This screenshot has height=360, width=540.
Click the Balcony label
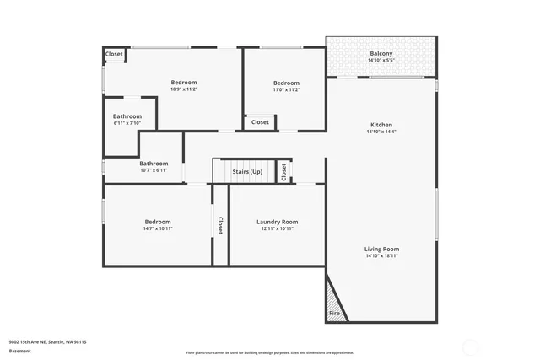coord(381,54)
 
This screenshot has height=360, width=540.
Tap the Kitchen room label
coord(380,125)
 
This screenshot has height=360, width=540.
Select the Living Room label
coord(381,249)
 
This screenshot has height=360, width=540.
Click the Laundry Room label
coord(277,222)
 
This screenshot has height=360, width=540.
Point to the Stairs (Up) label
coord(247,172)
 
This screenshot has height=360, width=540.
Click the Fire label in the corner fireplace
coord(334,314)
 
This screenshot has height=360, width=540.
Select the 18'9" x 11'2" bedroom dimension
coord(183,89)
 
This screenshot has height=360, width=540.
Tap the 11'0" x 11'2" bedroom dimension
coord(286,89)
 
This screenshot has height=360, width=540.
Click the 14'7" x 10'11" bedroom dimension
coord(157,228)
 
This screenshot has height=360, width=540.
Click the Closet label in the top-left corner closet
coord(114,54)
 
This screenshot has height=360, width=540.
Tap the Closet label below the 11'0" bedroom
coord(260,122)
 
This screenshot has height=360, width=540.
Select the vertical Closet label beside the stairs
coord(283,171)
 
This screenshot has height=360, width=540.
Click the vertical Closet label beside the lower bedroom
coord(220,225)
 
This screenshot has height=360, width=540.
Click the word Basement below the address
coord(20,352)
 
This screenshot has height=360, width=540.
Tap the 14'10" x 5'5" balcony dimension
coord(381,61)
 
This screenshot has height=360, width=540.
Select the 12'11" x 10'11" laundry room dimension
coord(277,228)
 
